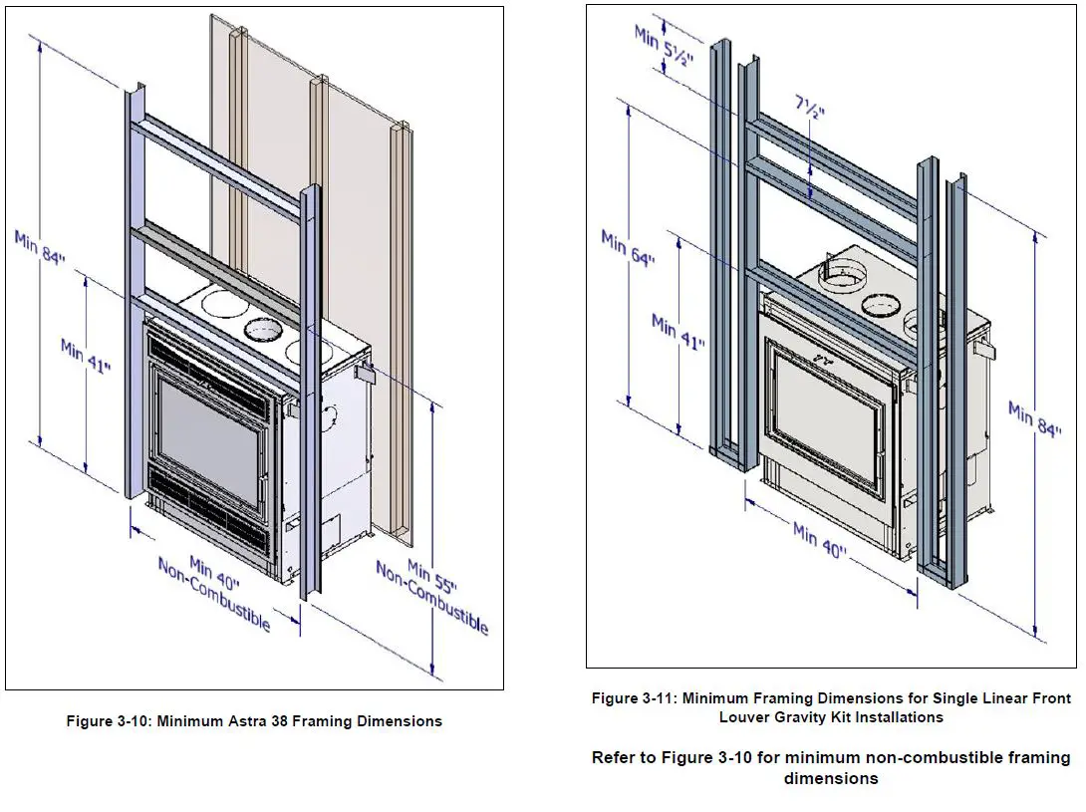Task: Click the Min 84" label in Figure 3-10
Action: pyautogui.click(x=40, y=248)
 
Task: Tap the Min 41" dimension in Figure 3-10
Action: pyautogui.click(x=86, y=356)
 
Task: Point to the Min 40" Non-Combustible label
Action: pyautogui.click(x=215, y=590)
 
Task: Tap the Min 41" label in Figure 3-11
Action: pyautogui.click(x=678, y=330)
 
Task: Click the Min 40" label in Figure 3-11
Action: pyautogui.click(x=820, y=545)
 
